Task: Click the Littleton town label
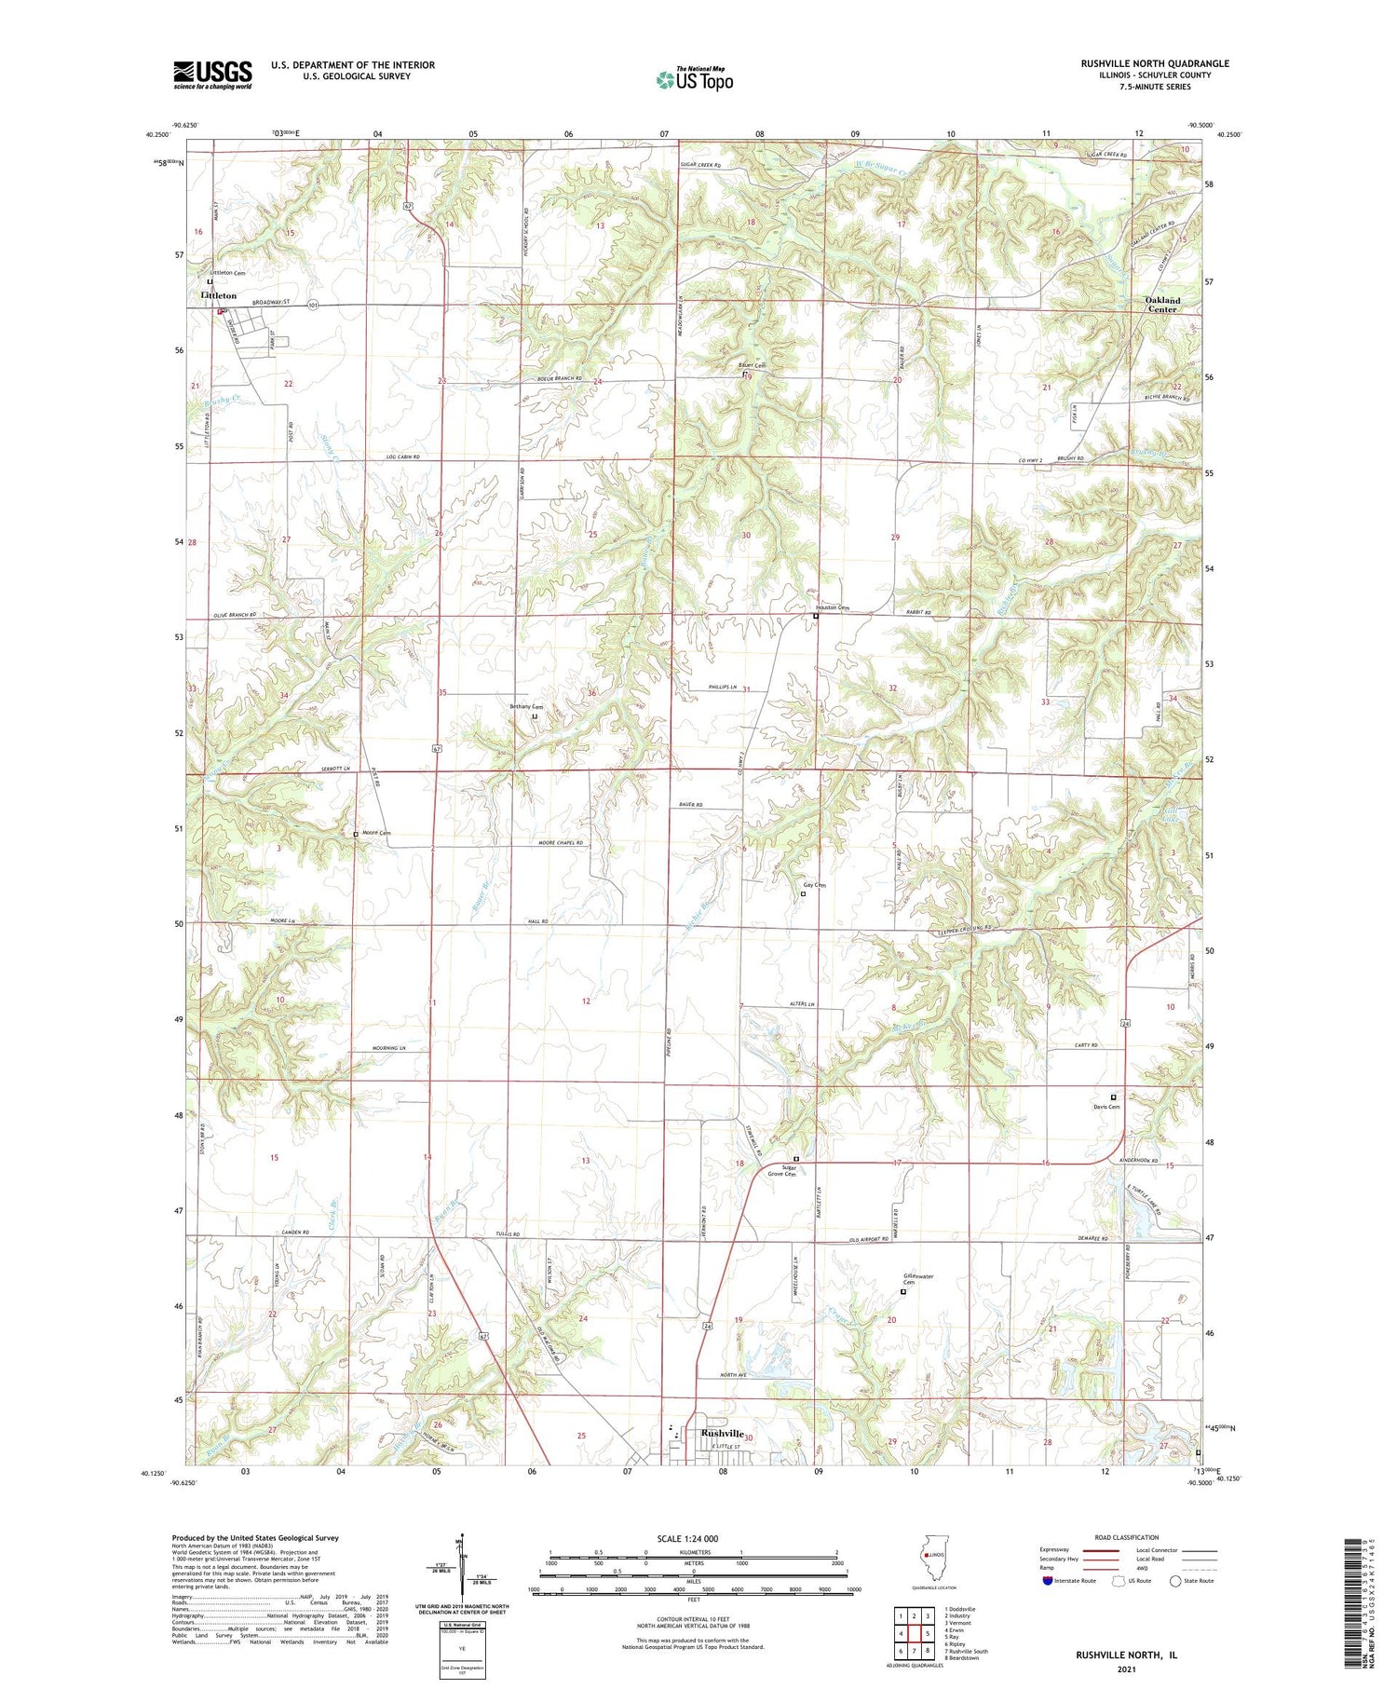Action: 219,295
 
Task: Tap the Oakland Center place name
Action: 1162,305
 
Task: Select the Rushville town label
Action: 723,1434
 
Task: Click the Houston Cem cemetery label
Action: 833,607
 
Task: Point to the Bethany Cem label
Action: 526,707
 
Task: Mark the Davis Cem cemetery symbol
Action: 1113,1096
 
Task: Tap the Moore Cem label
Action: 376,833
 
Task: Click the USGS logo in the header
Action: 212,75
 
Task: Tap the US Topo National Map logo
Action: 694,79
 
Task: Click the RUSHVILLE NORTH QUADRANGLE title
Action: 1155,63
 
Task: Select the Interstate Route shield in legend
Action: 1048,1581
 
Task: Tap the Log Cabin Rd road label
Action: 403,457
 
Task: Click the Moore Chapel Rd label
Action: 560,843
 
